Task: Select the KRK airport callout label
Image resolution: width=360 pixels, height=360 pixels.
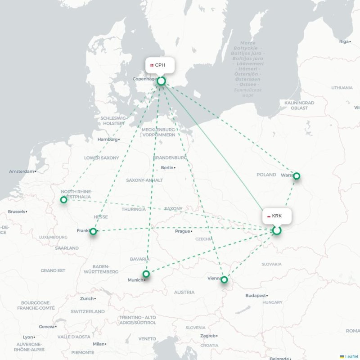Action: (277, 216)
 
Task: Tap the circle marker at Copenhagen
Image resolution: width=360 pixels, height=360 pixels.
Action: (161, 81)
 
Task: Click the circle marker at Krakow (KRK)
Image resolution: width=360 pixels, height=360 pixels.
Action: (277, 230)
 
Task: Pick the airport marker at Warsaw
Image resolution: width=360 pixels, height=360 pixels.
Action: (297, 176)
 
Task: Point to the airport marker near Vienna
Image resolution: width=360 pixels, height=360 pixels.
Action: (224, 280)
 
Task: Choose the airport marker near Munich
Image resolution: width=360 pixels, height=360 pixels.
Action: (146, 274)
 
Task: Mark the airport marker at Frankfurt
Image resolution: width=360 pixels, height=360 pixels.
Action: (93, 231)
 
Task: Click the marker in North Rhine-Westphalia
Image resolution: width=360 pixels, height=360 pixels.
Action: (64, 199)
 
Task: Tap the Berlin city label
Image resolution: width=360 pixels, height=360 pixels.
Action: (167, 168)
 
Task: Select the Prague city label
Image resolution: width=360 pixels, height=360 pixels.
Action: (182, 231)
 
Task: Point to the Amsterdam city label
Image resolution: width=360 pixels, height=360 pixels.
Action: (22, 171)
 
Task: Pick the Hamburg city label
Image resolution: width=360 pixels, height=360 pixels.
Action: (108, 139)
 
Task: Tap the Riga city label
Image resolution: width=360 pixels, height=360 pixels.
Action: (344, 41)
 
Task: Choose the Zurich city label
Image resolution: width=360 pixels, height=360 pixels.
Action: (87, 298)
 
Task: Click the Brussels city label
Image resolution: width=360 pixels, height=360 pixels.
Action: (17, 211)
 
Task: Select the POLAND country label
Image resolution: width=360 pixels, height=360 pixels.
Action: (266, 175)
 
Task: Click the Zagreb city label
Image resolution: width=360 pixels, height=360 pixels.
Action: (208, 336)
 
